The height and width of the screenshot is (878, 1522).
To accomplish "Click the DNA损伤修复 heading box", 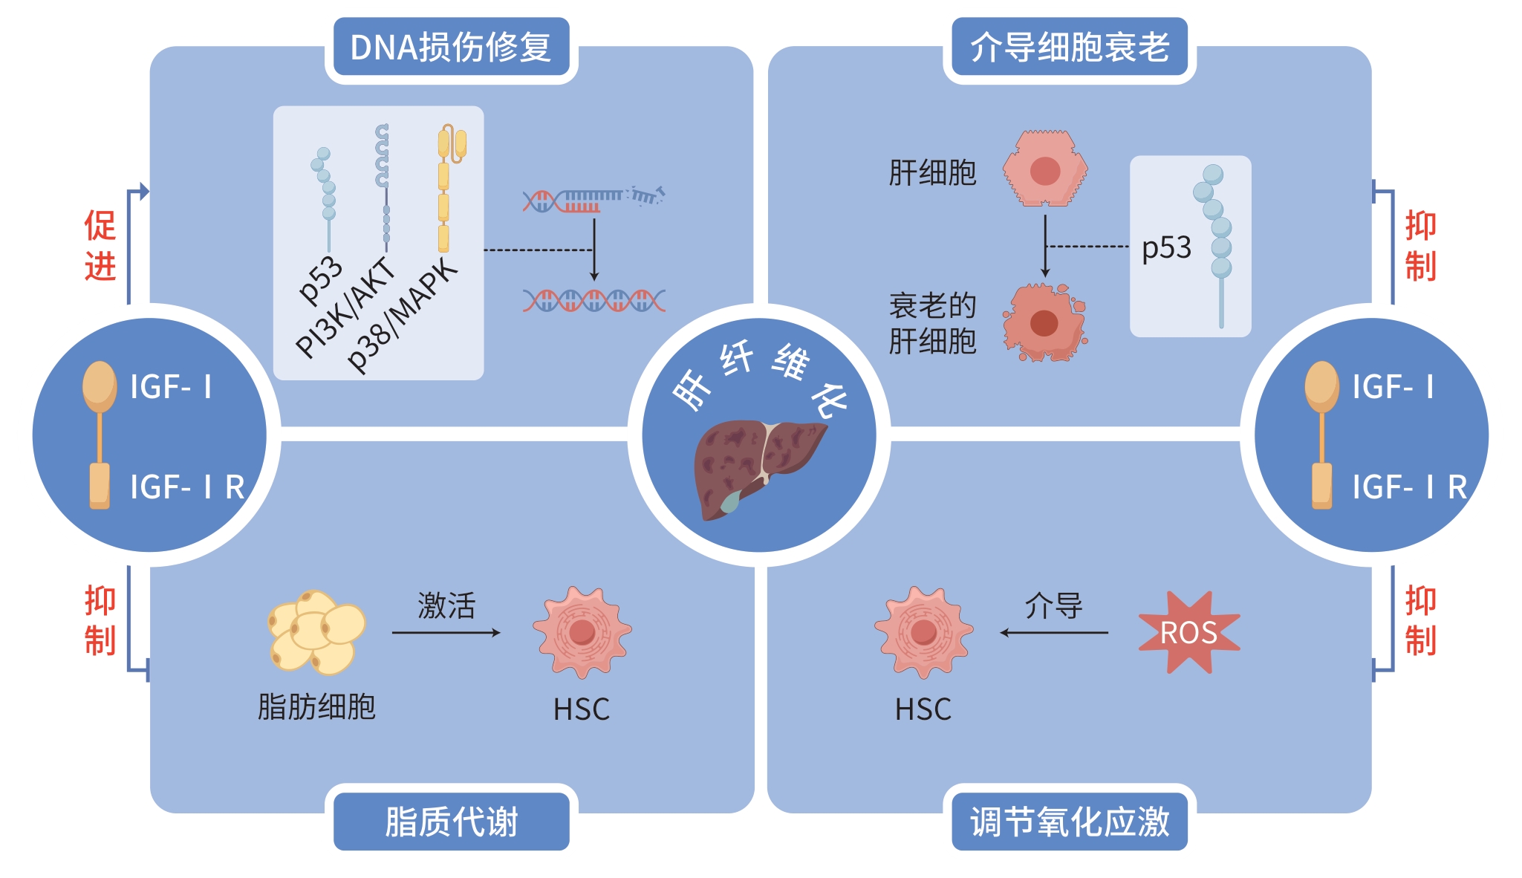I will pyautogui.click(x=451, y=47).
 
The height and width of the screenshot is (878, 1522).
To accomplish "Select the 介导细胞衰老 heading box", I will pyautogui.click(x=1069, y=47).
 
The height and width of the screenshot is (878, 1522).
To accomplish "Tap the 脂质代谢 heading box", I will pyautogui.click(x=451, y=822).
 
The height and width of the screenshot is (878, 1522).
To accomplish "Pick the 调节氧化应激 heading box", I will pyautogui.click(x=1069, y=822).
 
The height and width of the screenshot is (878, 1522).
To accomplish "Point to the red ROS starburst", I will pyautogui.click(x=1188, y=632).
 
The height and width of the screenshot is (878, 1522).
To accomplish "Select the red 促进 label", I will pyautogui.click(x=100, y=245).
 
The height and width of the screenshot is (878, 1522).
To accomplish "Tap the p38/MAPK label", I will pyautogui.click(x=402, y=315).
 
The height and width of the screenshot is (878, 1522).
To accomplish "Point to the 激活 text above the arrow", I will pyautogui.click(x=446, y=605).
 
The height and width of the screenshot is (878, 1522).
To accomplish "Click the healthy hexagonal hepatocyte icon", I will pyautogui.click(x=1044, y=169).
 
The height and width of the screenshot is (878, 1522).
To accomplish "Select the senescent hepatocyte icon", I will pyautogui.click(x=1044, y=322).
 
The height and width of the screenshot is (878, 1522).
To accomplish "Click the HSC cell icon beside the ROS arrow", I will pyautogui.click(x=923, y=632).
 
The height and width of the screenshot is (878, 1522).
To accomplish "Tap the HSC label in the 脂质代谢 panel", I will pyautogui.click(x=581, y=709).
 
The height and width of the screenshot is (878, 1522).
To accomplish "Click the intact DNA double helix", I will pyautogui.click(x=593, y=300).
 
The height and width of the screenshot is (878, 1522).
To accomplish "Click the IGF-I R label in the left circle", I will pyautogui.click(x=186, y=487).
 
